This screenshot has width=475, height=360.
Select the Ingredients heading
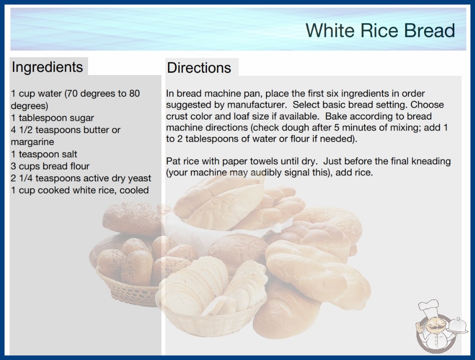47,67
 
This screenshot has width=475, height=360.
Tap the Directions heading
199,68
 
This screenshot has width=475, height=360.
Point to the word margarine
32,142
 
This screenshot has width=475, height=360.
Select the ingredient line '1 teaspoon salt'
44,154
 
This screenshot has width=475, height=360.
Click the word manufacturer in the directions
257,105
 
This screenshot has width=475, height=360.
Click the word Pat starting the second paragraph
173,161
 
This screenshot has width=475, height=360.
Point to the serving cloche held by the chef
458,326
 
